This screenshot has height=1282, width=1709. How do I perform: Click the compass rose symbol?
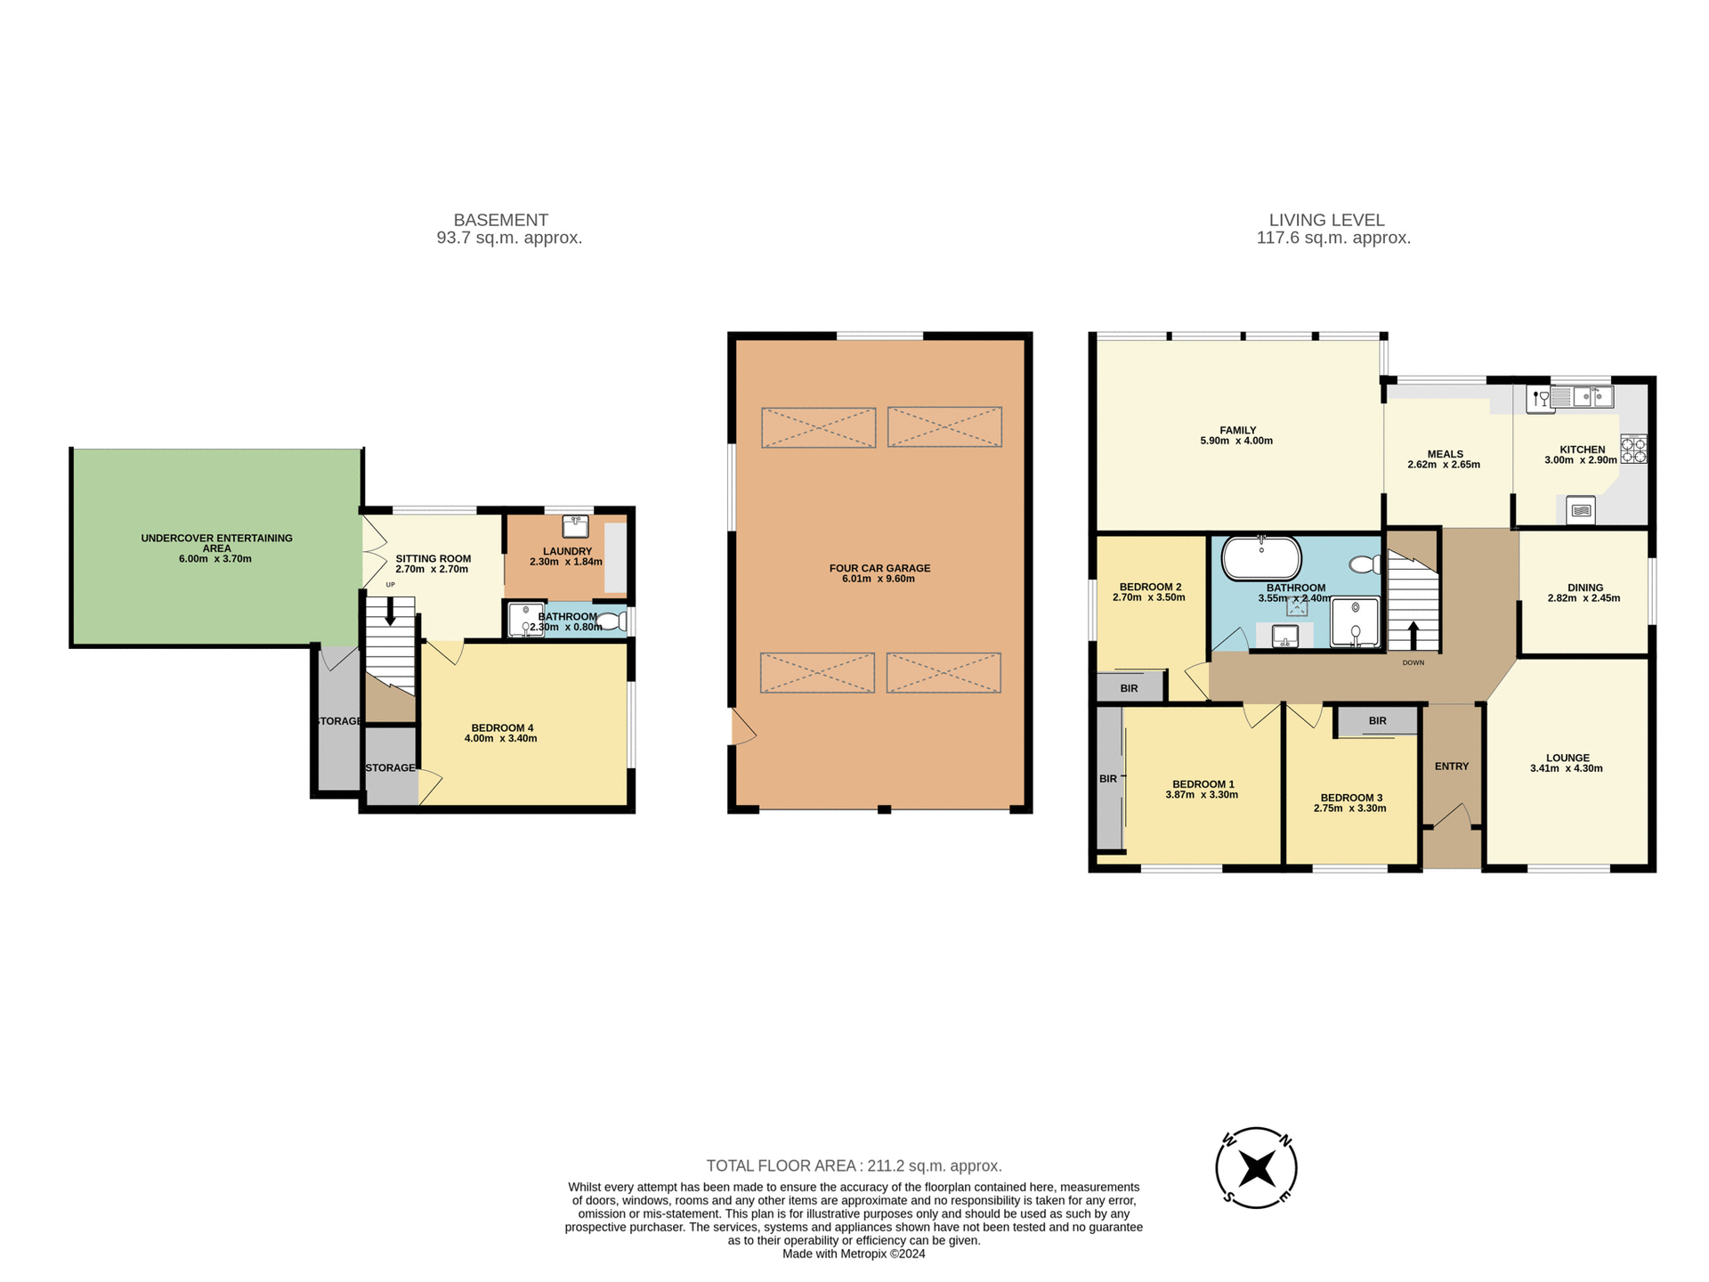coord(1256,1167)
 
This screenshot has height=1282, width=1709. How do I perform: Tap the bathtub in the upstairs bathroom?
coord(1261,558)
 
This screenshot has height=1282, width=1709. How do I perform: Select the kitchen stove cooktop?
coord(1633,449)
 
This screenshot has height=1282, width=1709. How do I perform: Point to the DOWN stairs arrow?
coord(1413,636)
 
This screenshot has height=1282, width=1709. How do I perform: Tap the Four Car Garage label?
coord(879,568)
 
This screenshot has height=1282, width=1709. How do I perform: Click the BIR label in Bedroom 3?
coord(1377,721)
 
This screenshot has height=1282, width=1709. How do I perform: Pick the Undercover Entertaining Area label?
coord(216,542)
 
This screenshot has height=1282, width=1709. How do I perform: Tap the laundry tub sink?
coord(575,525)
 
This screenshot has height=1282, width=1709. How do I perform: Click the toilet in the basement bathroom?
coord(612,621)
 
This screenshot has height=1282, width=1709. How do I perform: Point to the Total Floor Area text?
coord(854,1165)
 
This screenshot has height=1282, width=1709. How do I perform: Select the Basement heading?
coord(500,220)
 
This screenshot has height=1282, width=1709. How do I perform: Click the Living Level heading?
coord(1326,220)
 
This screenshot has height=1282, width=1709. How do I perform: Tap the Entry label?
coord(1451,767)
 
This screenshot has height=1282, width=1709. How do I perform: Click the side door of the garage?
coord(742,727)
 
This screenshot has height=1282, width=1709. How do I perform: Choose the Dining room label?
coord(1584,588)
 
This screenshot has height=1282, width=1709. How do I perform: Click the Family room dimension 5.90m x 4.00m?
coord(1236,441)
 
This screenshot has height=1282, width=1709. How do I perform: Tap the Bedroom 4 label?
coord(502,728)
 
